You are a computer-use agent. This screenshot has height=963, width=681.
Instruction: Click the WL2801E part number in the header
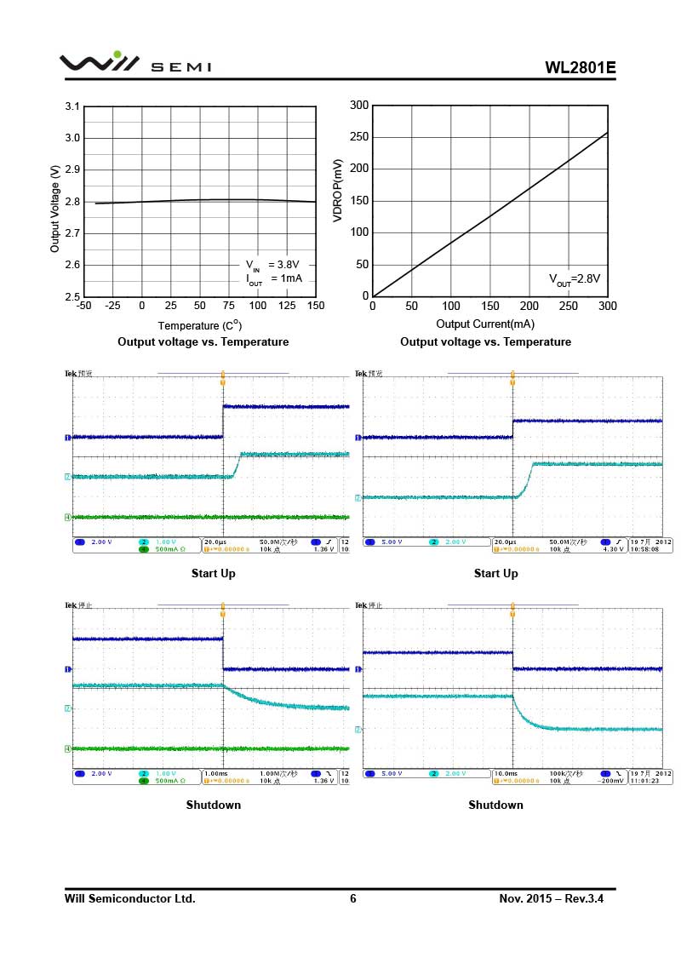pyautogui.click(x=581, y=67)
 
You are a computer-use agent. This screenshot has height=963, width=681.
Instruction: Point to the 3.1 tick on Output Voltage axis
pyautogui.click(x=72, y=106)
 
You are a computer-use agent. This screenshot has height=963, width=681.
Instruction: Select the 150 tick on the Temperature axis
pyautogui.click(x=315, y=306)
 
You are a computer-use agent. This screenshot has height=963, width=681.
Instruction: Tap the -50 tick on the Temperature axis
pyautogui.click(x=83, y=306)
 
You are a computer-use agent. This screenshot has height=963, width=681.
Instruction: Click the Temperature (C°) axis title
pyautogui.click(x=200, y=325)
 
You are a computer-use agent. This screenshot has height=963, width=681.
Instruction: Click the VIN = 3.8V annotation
pyautogui.click(x=273, y=265)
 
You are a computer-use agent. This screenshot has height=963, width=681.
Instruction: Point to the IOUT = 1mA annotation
pyautogui.click(x=274, y=279)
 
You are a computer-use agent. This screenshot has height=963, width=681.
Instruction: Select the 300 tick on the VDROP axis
pyautogui.click(x=359, y=106)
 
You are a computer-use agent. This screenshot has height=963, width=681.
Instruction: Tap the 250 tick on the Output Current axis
pyautogui.click(x=568, y=306)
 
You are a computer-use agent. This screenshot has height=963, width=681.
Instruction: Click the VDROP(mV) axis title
pyautogui.click(x=338, y=191)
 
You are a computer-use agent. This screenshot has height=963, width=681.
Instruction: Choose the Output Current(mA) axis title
pyautogui.click(x=486, y=324)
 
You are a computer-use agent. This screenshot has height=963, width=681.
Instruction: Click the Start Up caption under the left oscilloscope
pyautogui.click(x=213, y=573)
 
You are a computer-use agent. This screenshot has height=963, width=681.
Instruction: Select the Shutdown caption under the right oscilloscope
pyautogui.click(x=495, y=805)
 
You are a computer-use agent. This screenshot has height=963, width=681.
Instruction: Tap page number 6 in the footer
pyautogui.click(x=353, y=898)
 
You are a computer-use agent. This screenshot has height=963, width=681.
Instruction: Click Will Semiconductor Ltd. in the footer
pyautogui.click(x=130, y=898)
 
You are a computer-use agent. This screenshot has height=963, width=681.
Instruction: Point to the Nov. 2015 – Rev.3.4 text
pyautogui.click(x=557, y=898)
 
